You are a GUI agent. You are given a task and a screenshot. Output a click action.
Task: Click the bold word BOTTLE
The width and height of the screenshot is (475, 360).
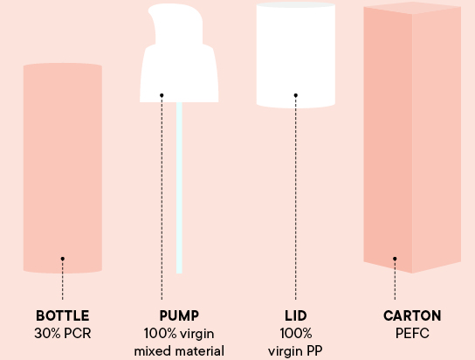pos(62,315)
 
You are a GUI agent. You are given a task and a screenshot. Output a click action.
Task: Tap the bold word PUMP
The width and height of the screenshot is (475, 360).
pos(179,315)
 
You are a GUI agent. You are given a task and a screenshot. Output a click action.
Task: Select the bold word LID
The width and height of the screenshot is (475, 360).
pos(296,315)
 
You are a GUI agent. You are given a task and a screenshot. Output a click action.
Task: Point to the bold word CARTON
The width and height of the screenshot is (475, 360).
pos(412,315)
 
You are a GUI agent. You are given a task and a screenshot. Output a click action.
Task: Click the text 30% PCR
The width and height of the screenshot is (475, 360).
pos(62,333)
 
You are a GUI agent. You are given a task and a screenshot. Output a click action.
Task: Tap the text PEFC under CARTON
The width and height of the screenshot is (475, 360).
pos(412,333)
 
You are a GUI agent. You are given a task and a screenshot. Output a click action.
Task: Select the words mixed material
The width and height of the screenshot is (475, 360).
pos(179,351)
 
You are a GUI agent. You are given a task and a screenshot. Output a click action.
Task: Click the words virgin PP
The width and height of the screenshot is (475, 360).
pos(295,351)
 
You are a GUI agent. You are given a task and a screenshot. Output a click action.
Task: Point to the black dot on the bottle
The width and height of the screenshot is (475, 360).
pos(62,259)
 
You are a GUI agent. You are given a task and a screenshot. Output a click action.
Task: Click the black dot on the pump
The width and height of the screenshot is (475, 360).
pos(162,95)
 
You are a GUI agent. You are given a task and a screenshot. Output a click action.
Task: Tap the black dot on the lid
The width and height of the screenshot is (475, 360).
pos(296,95)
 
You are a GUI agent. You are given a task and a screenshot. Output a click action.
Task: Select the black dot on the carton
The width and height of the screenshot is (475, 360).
pos(395,259)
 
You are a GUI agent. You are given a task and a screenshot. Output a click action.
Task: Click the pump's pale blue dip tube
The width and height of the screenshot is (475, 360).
pos(179,188)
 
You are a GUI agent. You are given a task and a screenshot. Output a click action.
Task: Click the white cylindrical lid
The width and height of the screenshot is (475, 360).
pos(296,55)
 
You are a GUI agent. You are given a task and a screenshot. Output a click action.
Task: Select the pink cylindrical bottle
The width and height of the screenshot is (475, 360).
pos(62,168)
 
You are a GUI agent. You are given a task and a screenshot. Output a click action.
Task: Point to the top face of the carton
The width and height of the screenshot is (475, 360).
pos(412,8)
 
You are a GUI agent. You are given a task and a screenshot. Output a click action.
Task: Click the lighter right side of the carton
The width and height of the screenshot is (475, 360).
pos(437,140)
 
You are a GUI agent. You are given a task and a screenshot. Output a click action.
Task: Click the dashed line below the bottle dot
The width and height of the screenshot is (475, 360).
pos(62,280)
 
